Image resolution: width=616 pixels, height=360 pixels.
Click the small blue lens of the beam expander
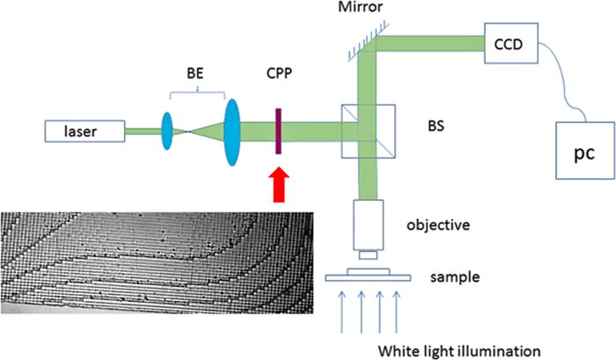pos(167,133)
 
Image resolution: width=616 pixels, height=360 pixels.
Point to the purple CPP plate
pos(276,132)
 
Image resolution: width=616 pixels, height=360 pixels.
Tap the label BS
pos(434,127)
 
